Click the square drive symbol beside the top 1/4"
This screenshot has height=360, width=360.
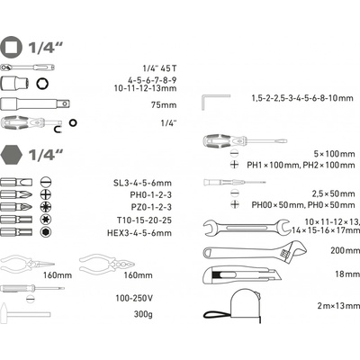click(11, 47)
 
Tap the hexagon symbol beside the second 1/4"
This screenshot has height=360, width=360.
click(12, 155)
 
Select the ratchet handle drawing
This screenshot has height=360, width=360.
click(28, 67)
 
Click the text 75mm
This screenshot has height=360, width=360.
click(164, 105)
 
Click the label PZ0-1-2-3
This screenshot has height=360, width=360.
click(151, 207)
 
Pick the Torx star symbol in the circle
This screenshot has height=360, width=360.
click(46, 220)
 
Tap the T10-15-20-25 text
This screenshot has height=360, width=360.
click(144, 220)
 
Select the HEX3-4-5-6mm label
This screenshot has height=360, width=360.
click(139, 233)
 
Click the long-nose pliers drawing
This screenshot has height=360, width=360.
click(28, 264)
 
